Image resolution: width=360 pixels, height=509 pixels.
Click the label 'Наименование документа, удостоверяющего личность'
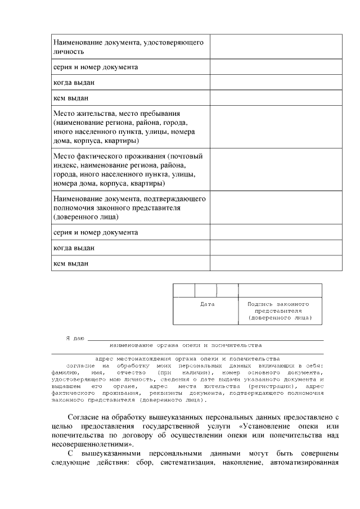pos(128,47)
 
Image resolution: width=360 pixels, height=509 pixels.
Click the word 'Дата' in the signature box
pos(208,304)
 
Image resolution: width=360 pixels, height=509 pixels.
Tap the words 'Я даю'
pos(75,338)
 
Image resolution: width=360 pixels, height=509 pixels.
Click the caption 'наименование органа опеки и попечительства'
pos(186,344)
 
